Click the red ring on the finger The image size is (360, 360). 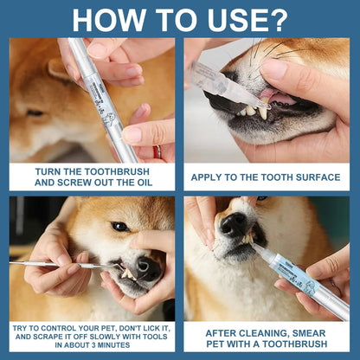point(157,152)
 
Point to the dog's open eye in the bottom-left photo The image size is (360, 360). point(119,227)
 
